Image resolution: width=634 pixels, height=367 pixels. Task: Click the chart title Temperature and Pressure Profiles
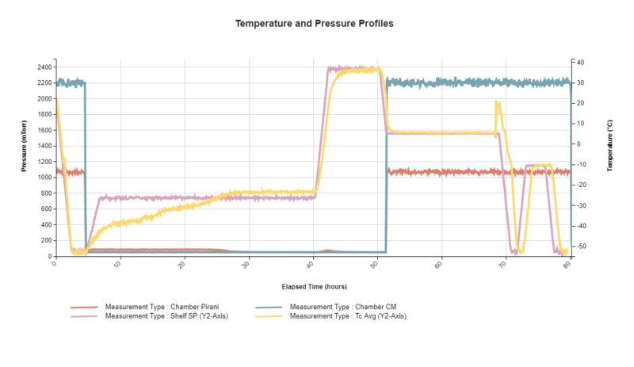(x=315, y=24)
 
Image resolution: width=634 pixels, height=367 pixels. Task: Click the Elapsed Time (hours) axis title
(x=314, y=286)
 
